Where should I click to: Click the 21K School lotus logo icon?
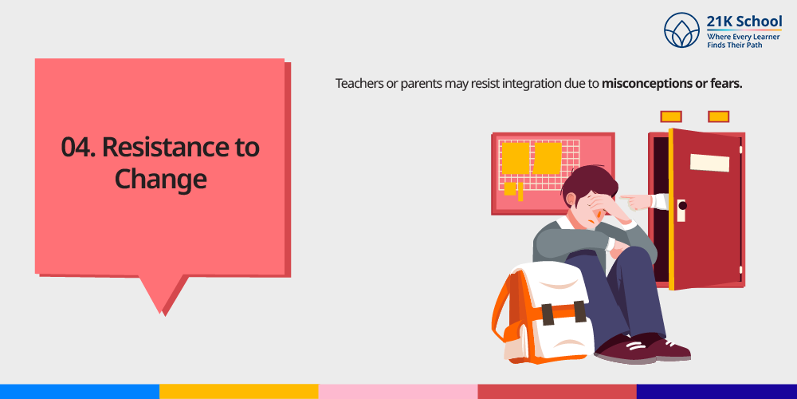point(681,30)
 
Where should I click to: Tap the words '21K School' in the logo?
point(744,22)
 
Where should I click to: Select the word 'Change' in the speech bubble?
point(161,180)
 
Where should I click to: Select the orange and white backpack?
point(542,313)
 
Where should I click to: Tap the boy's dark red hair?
point(590,183)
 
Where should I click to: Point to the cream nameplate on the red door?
point(709,163)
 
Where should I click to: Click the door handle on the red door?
point(681,210)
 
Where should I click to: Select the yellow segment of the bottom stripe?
point(239,391)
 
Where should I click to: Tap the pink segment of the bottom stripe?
point(398,391)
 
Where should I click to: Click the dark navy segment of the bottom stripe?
point(717,391)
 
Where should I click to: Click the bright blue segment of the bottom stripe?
point(80,391)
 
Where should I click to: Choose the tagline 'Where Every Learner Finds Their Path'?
point(744,41)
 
